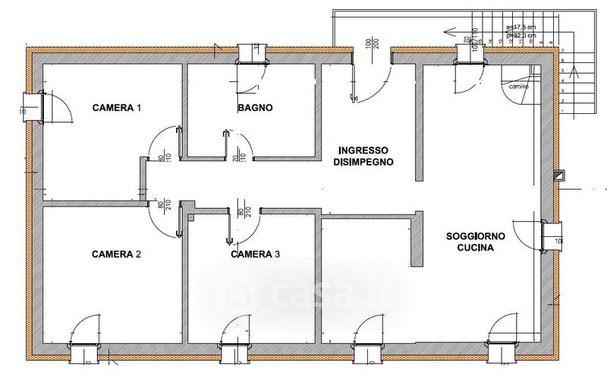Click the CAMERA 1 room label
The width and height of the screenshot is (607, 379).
click(x=117, y=108)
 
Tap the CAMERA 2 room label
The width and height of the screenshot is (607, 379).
click(x=117, y=254)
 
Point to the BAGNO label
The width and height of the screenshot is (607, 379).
click(x=255, y=108)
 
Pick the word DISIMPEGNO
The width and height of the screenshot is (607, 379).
click(x=364, y=162)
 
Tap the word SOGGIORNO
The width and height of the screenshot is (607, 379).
click(x=476, y=235)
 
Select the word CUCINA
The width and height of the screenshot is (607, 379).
click(x=476, y=248)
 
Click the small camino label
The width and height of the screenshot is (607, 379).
click(x=518, y=87)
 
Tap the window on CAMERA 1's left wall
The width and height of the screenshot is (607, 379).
click(x=32, y=106)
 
